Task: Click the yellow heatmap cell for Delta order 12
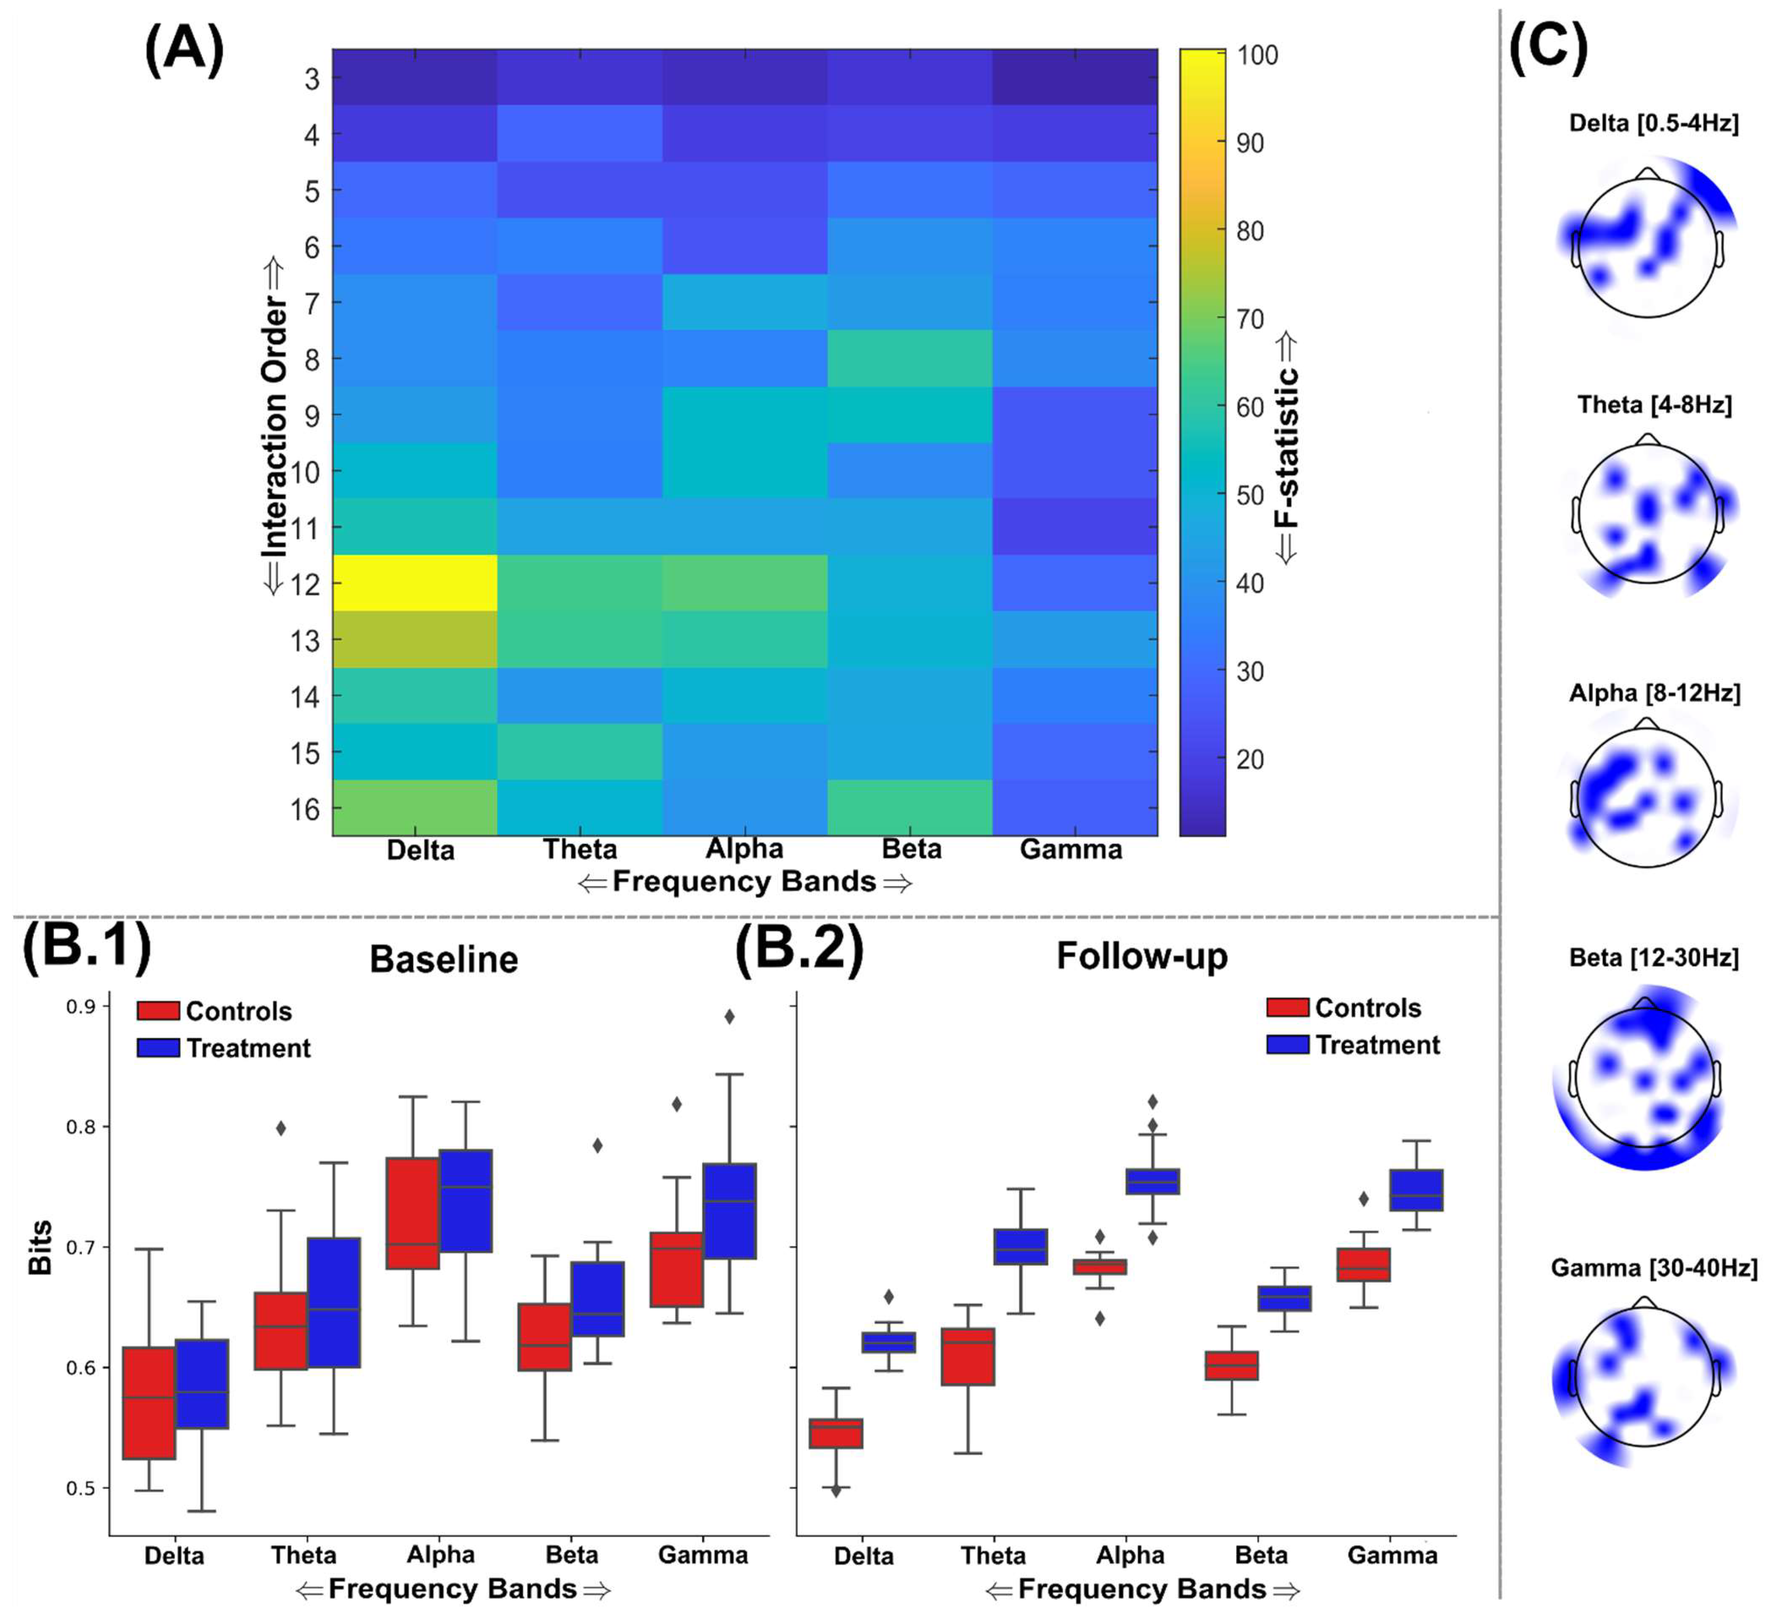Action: point(414,583)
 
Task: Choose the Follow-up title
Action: point(1141,955)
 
